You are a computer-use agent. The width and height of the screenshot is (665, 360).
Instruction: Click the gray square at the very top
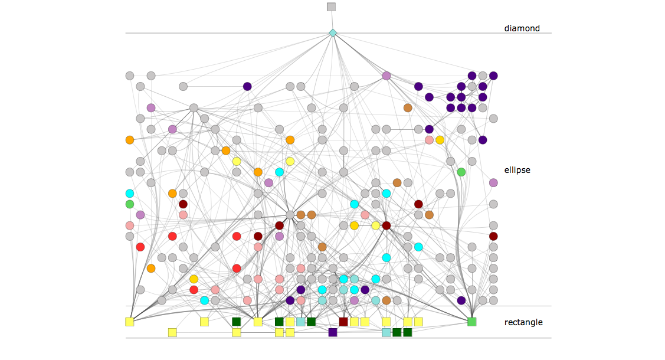(331, 6)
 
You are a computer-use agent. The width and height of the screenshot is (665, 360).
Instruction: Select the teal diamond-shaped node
(333, 33)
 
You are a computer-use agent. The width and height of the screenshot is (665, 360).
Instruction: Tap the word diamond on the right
(522, 28)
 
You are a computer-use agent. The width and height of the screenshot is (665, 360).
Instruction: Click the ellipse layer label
(517, 170)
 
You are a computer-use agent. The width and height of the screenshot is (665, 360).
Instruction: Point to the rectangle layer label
(523, 322)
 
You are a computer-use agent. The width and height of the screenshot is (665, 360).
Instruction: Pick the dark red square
(343, 322)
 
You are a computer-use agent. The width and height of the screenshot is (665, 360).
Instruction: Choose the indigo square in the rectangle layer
(333, 332)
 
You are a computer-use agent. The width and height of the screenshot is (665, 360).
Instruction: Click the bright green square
(471, 322)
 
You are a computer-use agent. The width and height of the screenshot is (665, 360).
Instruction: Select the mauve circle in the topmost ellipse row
(386, 76)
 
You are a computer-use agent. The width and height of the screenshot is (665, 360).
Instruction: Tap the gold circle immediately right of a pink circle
(440, 140)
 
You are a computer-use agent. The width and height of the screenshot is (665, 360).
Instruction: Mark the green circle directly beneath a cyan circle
(130, 204)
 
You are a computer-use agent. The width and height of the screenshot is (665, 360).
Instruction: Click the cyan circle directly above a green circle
(130, 194)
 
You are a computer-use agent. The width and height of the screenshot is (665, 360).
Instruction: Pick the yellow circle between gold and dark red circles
(376, 225)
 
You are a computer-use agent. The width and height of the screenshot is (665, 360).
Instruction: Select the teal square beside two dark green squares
(386, 332)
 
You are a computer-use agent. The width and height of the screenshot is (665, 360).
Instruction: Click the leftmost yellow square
(130, 322)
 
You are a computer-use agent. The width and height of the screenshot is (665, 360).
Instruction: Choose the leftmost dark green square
(237, 322)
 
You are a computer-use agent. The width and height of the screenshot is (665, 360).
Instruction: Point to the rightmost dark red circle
(493, 236)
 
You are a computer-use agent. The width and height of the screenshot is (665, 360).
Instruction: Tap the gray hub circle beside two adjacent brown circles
(290, 215)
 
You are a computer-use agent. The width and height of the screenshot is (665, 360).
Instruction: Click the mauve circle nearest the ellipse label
(493, 183)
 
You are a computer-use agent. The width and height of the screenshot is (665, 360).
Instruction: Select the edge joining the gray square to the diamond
(332, 20)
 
